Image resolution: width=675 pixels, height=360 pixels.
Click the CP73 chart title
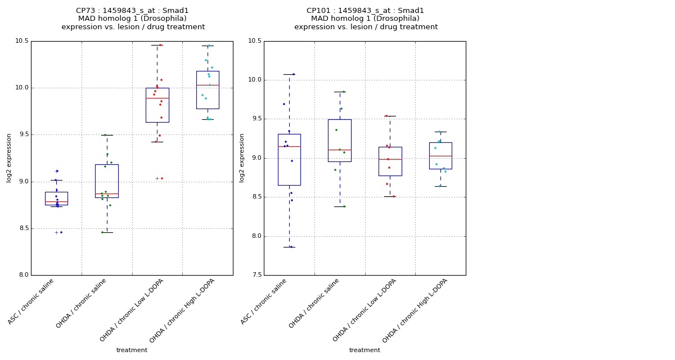133,19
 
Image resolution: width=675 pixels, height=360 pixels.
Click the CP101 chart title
366,19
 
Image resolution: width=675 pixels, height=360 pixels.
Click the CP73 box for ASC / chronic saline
56,198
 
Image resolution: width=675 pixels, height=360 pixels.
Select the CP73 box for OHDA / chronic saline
107,181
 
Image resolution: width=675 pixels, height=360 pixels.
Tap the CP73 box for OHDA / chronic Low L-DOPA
157,105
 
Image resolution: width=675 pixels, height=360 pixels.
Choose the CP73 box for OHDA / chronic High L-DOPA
208,90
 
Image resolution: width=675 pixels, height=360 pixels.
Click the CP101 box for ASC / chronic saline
289,159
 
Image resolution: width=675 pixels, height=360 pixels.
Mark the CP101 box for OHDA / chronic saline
340,140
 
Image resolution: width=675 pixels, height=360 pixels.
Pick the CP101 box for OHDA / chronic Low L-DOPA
390,161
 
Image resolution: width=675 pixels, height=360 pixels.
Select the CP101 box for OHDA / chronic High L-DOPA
440,155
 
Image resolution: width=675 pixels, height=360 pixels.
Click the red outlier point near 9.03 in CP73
162,178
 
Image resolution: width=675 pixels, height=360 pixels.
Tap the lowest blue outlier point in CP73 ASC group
61,232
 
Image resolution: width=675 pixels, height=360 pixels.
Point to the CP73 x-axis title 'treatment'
132,350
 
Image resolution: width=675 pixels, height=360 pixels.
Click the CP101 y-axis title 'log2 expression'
242,157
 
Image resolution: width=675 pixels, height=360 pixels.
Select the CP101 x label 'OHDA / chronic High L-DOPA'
416,310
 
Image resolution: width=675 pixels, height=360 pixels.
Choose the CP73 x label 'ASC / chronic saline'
31,301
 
